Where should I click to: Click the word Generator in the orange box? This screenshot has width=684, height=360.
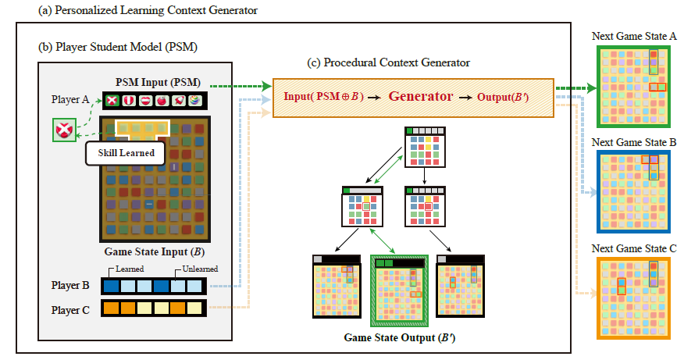(422, 98)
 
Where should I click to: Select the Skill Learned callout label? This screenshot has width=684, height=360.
(125, 152)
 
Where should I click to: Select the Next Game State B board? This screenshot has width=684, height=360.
(635, 187)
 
